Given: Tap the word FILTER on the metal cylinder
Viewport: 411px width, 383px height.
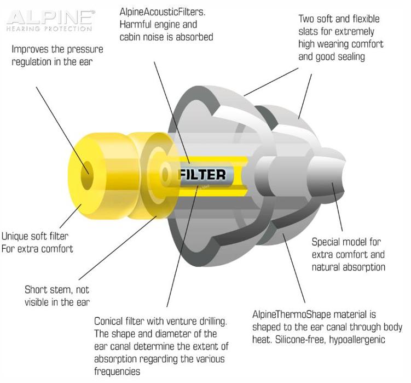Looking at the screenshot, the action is pos(202,175).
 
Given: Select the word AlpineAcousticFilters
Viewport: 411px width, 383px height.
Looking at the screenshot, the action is pos(162,12).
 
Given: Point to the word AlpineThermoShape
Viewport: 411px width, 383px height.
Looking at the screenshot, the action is pos(297,314).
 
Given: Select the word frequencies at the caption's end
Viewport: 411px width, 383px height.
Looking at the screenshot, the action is pos(117,371).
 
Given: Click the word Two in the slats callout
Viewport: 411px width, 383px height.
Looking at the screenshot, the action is pos(306,19).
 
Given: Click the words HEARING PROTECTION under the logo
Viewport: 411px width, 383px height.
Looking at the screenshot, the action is pos(49,28).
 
